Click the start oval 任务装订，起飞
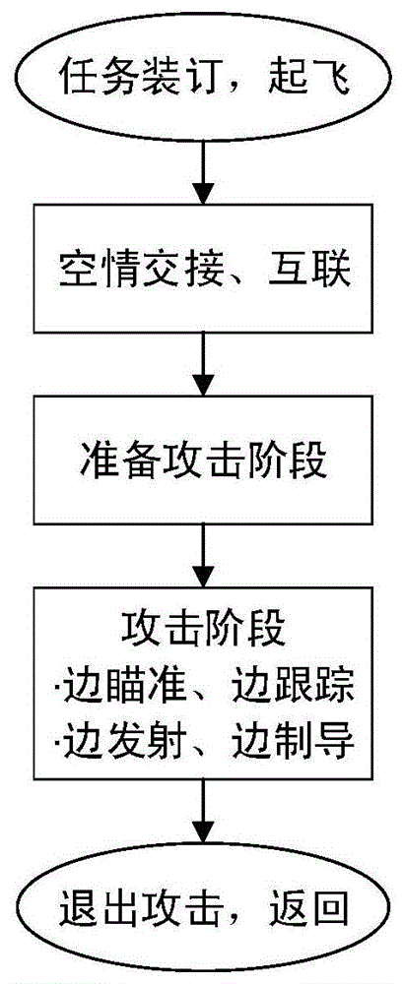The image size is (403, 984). click(x=202, y=74)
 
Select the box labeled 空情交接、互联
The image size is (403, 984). click(x=202, y=269)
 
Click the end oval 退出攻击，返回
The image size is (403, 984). click(x=202, y=908)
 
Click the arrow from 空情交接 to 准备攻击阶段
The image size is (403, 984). click(x=202, y=363)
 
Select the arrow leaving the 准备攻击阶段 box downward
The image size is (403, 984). click(x=202, y=555)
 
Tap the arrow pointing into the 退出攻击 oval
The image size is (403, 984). click(x=202, y=817)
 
